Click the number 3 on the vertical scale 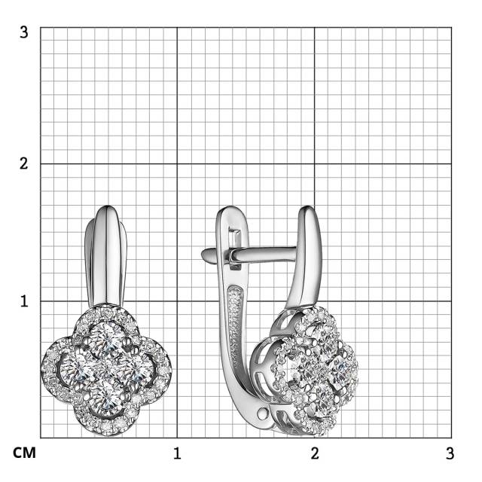coord(24,32)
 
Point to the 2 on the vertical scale coord(24,163)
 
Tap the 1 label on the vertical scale coord(24,300)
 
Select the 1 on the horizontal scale coord(177,453)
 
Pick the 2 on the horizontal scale coord(315,453)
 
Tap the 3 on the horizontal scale coord(450,453)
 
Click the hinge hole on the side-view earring coord(261,412)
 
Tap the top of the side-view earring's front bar coord(306,212)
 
